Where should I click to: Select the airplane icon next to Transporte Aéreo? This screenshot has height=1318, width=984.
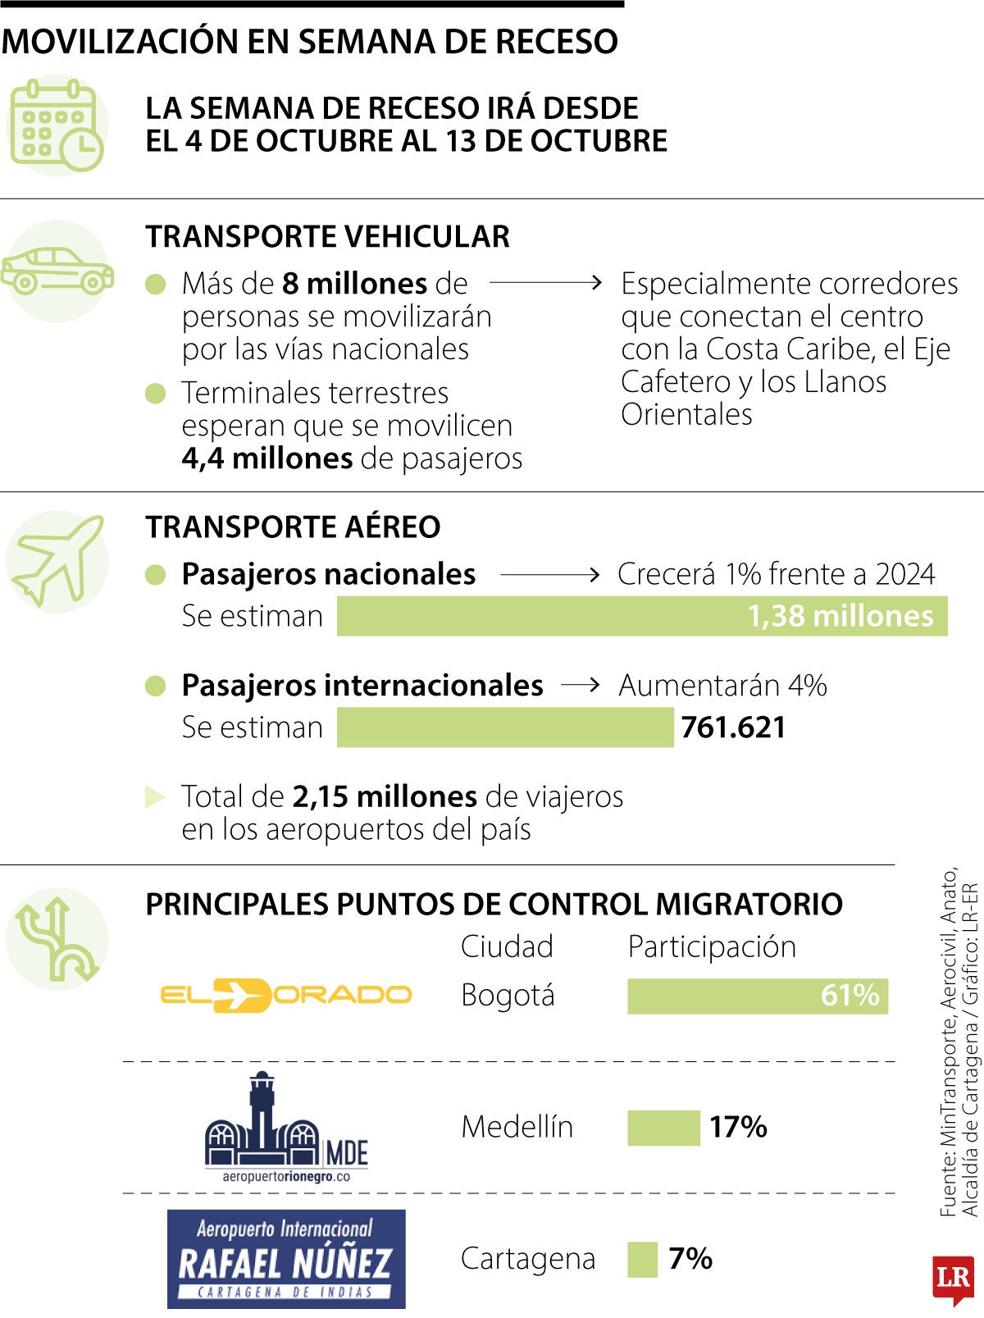coord(57,561)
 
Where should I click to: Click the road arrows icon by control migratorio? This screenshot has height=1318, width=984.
coord(57,939)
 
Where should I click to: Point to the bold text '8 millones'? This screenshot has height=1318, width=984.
coord(354,284)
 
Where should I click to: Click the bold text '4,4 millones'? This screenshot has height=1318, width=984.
coord(267,458)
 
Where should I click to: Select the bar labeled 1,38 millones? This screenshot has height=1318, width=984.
coord(641,616)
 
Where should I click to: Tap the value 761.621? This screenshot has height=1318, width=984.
coord(733,727)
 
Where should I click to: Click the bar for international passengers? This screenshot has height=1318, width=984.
coord(504,727)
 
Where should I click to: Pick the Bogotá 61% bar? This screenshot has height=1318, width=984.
coord(757,996)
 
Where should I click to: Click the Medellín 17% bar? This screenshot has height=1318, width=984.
coord(663,1127)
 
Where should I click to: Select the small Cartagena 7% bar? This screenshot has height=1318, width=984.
coord(642,1259)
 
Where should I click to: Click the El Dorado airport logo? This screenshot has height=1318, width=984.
coord(285,995)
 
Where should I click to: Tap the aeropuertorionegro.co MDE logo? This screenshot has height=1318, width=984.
coord(285,1128)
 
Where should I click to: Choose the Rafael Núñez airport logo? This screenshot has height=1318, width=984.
coord(285,1259)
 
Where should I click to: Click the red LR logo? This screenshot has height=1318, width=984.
coord(953,1278)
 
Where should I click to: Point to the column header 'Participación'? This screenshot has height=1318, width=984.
coord(712,946)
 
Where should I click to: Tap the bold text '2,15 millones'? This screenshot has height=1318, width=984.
coord(385,796)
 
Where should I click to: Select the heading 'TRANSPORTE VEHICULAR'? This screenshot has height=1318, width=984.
coord(327,237)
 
